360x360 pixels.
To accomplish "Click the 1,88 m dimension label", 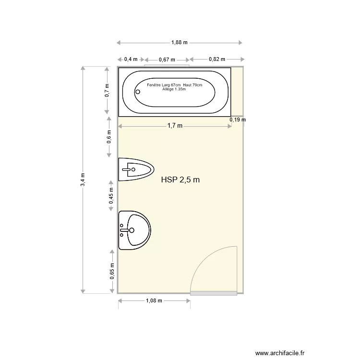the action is (x=180, y=42).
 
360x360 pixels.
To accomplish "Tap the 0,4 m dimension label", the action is (x=131, y=59).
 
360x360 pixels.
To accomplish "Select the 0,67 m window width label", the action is (x=167, y=60).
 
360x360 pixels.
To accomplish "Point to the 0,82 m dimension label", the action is (x=217, y=59).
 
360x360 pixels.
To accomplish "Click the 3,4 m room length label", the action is (x=83, y=180).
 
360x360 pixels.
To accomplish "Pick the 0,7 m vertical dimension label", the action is (x=107, y=90).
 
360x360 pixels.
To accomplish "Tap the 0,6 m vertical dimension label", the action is (x=109, y=137).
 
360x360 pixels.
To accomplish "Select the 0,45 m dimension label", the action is (x=111, y=196).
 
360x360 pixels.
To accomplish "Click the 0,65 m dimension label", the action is (x=112, y=271).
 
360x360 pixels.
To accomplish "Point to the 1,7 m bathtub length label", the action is (x=175, y=126).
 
